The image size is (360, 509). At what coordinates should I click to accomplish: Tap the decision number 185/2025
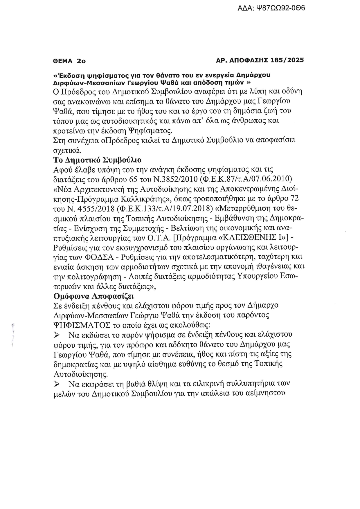coord(287,60)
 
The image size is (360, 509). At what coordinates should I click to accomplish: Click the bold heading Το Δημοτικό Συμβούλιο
coord(97,160)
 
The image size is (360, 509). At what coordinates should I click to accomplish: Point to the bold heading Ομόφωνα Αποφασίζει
coord(94,296)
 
